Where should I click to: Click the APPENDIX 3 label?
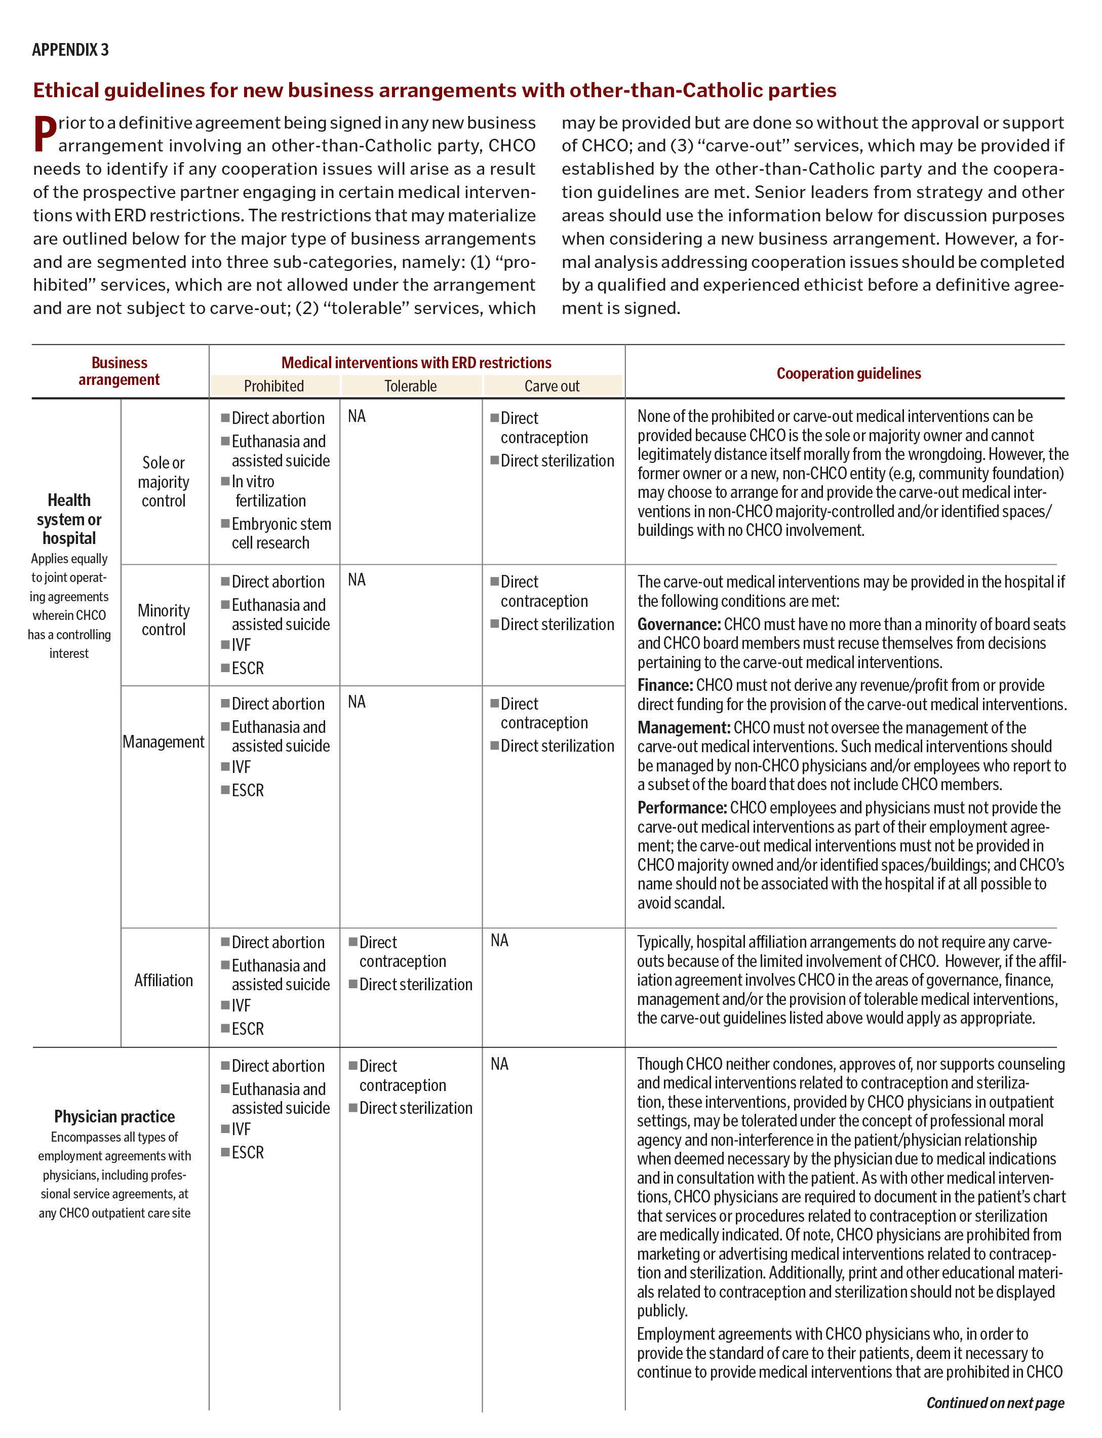(70, 50)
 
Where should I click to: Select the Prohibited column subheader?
(273, 386)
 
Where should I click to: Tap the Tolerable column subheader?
(410, 386)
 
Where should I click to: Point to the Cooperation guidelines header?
(848, 373)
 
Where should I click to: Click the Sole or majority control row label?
(164, 482)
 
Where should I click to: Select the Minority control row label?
(164, 620)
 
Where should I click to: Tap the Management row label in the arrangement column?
(164, 742)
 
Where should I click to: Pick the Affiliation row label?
(164, 980)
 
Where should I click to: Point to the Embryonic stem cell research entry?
(280, 533)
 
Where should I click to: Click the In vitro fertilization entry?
(269, 491)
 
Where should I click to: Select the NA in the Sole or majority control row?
(357, 416)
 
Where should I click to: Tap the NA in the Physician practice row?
(499, 1064)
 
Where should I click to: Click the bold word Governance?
(679, 625)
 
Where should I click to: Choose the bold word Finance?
(665, 685)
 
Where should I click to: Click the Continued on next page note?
(995, 1403)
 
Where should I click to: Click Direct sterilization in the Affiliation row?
(415, 985)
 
